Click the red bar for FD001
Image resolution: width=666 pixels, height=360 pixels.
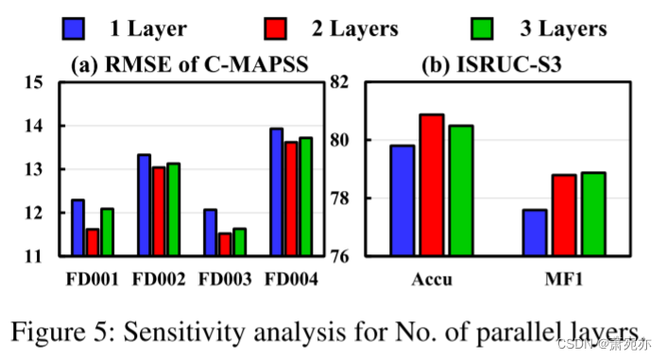click(92, 242)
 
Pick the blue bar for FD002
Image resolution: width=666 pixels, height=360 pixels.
click(145, 205)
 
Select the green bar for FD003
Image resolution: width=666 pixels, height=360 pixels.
click(239, 242)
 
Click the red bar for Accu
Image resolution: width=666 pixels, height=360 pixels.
click(432, 185)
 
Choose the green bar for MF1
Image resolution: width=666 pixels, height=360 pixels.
click(593, 214)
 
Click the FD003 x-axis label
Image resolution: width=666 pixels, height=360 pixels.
click(224, 281)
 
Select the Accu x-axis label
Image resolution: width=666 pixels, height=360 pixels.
click(432, 281)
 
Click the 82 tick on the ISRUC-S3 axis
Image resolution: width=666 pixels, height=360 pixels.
click(338, 83)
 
